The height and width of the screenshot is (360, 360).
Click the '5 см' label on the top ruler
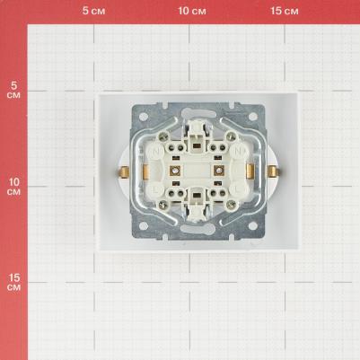93,11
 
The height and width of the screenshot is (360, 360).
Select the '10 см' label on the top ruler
192,11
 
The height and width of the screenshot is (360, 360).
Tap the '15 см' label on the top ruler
285,11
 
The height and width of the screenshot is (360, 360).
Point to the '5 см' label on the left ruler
13,90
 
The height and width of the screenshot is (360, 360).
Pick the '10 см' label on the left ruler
13,187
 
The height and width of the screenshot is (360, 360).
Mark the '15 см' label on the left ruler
13,282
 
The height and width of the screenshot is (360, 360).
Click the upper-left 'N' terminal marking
156,151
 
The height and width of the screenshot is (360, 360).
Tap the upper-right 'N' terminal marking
239,151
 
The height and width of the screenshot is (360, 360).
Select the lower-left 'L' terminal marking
156,189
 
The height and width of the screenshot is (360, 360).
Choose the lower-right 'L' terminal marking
239,189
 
